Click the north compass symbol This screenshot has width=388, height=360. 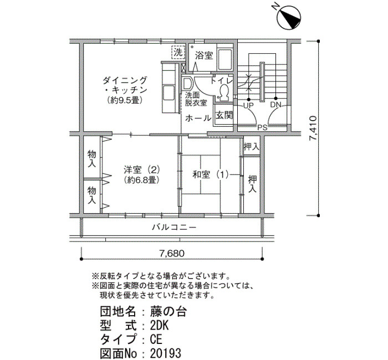tap(288, 17)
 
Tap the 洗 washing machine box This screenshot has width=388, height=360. tap(178, 53)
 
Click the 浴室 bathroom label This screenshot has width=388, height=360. tap(204, 55)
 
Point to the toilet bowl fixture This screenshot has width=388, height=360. tap(224, 92)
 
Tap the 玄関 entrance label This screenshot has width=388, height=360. tap(224, 115)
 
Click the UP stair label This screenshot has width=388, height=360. tap(248, 106)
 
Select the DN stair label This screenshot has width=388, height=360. tap(275, 105)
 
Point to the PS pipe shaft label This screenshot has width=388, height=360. tap(263, 127)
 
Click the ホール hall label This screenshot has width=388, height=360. tap(198, 118)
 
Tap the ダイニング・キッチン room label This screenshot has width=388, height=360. tap(125, 85)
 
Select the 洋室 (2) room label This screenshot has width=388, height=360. tap(142, 170)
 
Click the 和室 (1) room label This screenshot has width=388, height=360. tap(211, 175)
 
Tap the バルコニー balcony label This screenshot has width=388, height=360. tap(174, 227)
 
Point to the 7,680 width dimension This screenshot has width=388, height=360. tap(172, 254)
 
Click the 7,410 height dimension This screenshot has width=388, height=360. tap(313, 128)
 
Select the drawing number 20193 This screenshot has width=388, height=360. tap(166, 353)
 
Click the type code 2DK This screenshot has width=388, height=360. tap(160, 326)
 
